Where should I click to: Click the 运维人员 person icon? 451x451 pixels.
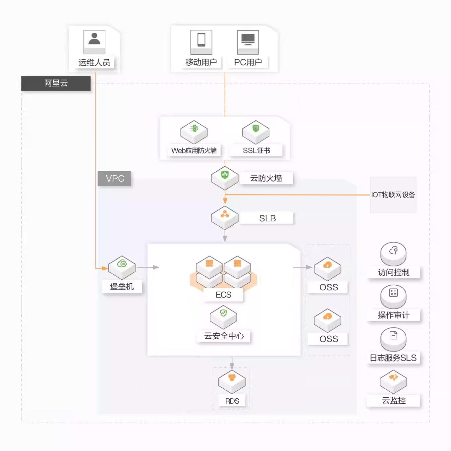pos(94,42)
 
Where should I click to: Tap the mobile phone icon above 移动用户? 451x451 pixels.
pos(201,42)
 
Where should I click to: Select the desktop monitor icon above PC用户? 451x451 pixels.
pos(248,42)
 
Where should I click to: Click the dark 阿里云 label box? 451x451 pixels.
pos(56,83)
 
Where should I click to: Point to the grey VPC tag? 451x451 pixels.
pos(114,178)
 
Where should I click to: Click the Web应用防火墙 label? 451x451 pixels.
pos(194,150)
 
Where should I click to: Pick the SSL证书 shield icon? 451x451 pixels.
pos(256,132)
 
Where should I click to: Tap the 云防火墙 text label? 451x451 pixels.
pos(266,178)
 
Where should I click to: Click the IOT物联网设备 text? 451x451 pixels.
pos(393,195)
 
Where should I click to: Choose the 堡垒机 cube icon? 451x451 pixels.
pos(122,267)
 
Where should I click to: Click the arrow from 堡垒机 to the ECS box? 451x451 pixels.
pos(148,267)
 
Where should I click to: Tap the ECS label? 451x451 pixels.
pos(223,295)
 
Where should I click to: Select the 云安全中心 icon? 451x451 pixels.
pos(223,317)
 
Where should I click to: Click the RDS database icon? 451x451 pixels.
pos(232,382)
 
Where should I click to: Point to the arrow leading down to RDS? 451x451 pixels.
pos(232,363)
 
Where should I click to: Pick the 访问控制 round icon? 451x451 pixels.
pos(393,254)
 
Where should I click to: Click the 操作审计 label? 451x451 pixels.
pos(394,315)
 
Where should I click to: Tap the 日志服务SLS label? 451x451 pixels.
pos(393,358)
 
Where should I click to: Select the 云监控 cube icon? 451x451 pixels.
pos(393,382)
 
